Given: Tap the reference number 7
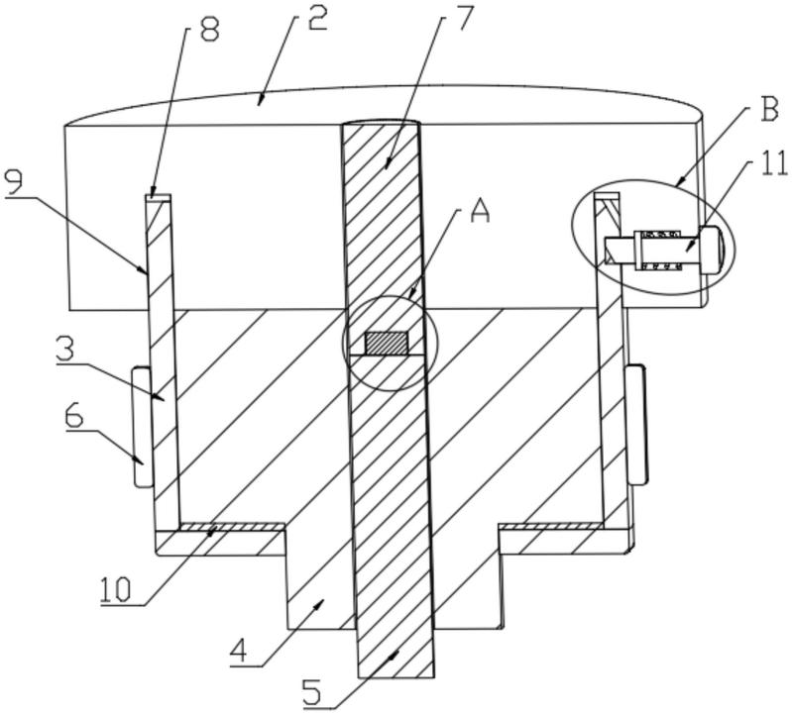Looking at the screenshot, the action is coord(463,19).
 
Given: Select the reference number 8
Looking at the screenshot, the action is coord(208,30).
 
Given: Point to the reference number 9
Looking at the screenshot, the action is coord(16,182).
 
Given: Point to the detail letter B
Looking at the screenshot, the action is coord(768,108).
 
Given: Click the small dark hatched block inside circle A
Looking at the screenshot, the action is coord(386,343).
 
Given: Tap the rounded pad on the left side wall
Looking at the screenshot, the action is coord(142,427).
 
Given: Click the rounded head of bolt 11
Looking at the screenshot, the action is coord(711,251).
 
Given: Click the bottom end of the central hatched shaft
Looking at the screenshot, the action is coord(396,677).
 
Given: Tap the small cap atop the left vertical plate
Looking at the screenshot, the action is coord(158,197).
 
